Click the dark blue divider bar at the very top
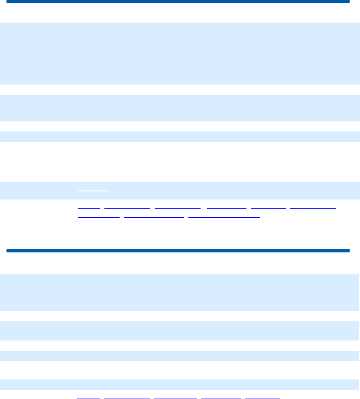tap(178, 2)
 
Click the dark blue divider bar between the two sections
tap(178, 250)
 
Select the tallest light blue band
tap(180, 53)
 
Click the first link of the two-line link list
tap(89, 207)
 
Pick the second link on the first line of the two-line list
tap(127, 207)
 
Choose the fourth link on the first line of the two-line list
tap(227, 207)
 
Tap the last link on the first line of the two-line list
tap(313, 207)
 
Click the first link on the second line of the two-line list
tap(98, 216)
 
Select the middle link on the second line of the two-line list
tap(154, 216)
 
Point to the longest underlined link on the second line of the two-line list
tap(224, 216)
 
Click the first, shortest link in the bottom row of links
tap(88, 397)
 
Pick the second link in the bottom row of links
tap(127, 397)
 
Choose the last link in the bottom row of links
tap(263, 397)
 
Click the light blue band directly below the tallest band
tap(180, 108)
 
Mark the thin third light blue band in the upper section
tap(180, 136)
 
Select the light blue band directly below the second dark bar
tap(180, 292)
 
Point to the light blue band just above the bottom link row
tap(180, 384)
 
